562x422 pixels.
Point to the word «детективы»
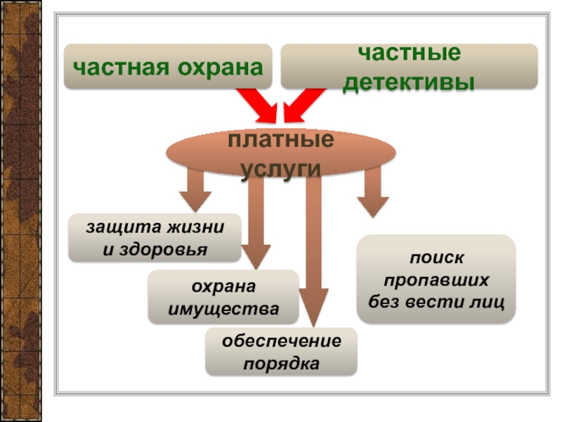coord(409,82)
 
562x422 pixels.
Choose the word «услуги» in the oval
coord(280,169)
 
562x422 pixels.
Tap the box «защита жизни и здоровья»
coord(155,238)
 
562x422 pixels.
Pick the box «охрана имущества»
coord(223,298)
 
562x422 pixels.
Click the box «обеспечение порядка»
coord(281,352)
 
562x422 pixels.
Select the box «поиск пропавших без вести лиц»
coord(436,279)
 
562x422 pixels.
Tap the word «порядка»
coord(281,364)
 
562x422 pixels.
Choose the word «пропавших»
coord(436,279)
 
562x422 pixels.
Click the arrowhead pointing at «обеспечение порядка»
coord(313,309)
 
